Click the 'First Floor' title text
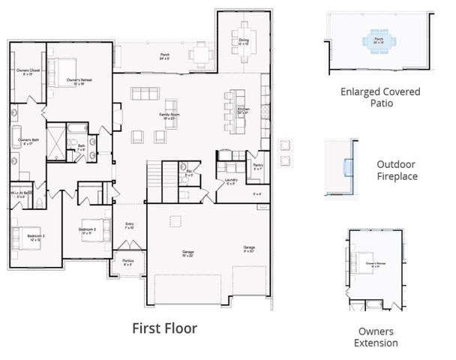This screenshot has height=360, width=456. [x=164, y=328]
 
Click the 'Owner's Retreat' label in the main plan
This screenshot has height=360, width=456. [x=79, y=81]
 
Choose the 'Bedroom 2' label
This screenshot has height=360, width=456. [x=88, y=230]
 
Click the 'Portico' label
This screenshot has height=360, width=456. [x=128, y=262]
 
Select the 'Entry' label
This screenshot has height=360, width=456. [x=130, y=225]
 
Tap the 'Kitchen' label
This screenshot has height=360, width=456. [x=244, y=111]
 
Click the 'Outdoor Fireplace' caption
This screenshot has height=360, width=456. [x=397, y=169]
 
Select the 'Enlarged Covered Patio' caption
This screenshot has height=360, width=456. [x=379, y=97]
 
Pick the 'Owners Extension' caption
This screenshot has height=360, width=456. [x=376, y=337]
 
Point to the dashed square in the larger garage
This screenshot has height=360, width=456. [x=175, y=220]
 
